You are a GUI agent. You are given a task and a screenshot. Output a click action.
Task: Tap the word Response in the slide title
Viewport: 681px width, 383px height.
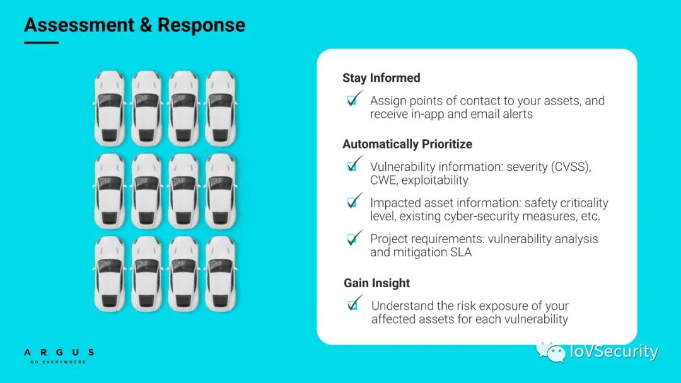(x=201, y=25)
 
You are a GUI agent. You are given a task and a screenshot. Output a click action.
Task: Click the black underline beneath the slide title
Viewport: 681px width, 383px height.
(x=41, y=43)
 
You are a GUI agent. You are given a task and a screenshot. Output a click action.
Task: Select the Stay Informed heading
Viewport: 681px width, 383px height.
(x=381, y=78)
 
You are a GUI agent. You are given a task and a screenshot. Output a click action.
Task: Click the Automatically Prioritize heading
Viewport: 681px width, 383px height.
(x=407, y=144)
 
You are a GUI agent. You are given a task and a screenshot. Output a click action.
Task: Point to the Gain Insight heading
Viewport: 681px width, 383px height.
(x=376, y=283)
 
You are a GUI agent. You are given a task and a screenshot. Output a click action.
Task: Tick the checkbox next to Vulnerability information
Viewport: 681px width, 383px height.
(x=353, y=167)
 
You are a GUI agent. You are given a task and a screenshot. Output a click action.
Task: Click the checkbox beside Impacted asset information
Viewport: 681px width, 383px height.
(x=353, y=203)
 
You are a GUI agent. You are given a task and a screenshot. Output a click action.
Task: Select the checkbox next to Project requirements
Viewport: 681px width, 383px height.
(x=353, y=239)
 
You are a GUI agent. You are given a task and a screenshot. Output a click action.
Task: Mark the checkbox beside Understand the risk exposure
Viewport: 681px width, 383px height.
(x=354, y=306)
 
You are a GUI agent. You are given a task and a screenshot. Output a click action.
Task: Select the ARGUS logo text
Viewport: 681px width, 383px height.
(x=59, y=353)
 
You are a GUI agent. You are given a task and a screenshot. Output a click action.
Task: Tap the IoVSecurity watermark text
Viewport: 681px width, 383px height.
(x=614, y=352)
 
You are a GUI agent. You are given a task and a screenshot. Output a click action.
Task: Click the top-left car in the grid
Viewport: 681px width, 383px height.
(x=110, y=108)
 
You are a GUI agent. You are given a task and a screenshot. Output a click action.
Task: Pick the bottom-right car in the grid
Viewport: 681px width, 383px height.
(x=220, y=274)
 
